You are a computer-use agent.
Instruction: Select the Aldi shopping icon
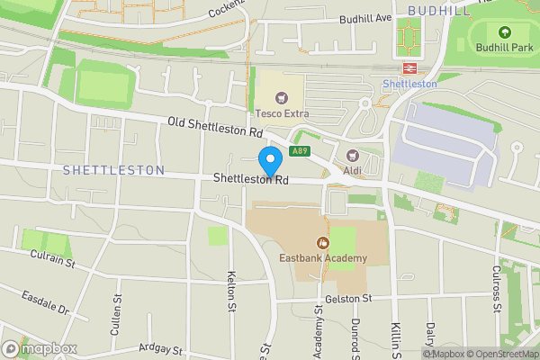353,156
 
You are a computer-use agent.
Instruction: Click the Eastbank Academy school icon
322,242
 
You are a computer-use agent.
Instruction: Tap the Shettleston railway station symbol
409,68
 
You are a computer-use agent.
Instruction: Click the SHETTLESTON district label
113,170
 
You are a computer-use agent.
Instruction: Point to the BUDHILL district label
438,9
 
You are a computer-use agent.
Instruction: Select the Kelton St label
232,292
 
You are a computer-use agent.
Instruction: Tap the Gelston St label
349,298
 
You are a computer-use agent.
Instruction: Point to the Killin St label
394,337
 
